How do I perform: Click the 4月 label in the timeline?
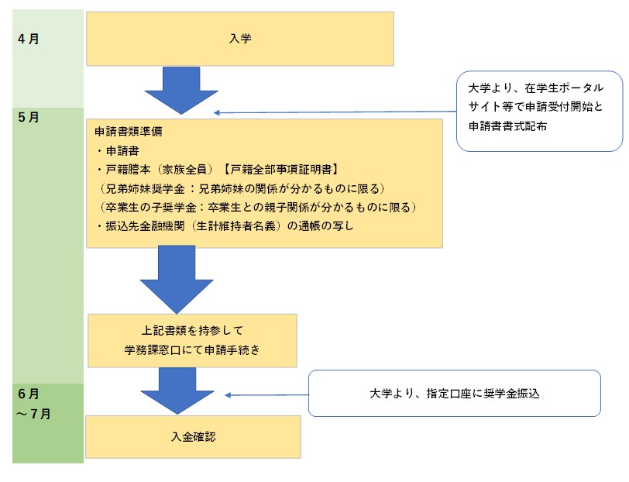[28, 39]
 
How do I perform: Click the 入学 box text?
[240, 38]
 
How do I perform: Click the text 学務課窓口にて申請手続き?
[192, 350]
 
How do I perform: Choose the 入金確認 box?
[193, 436]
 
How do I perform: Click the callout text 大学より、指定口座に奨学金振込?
[454, 393]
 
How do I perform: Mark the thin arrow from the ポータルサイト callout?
[333, 112]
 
